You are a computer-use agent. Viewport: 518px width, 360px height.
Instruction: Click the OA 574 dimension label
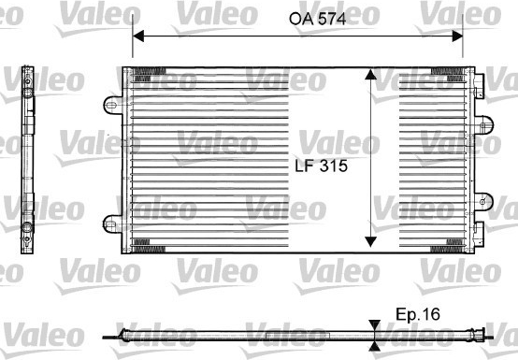tap(318, 19)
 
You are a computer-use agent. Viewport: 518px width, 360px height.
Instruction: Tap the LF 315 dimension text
tap(321, 166)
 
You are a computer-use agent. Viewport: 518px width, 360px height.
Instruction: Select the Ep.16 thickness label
tap(418, 314)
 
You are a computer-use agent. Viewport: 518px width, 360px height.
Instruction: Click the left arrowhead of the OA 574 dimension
tap(138, 36)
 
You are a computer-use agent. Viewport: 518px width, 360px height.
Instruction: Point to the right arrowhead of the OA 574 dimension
tap(457, 36)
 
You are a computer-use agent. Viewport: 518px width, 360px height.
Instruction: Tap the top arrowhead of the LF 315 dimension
tap(370, 74)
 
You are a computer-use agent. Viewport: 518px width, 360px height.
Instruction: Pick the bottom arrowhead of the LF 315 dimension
tap(370, 241)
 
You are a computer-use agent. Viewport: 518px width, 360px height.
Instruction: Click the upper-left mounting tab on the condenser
tap(113, 106)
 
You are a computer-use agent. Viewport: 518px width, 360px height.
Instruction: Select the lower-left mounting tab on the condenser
tap(112, 224)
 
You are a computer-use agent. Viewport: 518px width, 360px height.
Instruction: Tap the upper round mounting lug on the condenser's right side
tap(483, 125)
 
